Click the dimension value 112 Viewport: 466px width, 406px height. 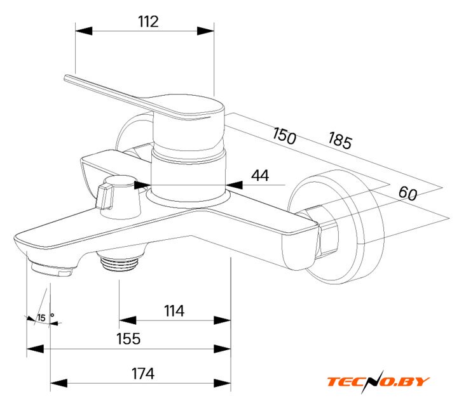click(147, 22)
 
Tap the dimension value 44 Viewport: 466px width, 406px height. click(259, 176)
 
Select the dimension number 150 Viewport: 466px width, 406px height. click(284, 135)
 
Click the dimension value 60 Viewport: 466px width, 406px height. click(408, 193)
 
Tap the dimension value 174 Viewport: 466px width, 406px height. click(143, 374)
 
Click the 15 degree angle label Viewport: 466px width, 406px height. click(42, 318)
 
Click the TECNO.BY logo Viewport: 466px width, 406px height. click(378, 381)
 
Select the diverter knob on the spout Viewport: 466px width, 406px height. click(117, 193)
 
